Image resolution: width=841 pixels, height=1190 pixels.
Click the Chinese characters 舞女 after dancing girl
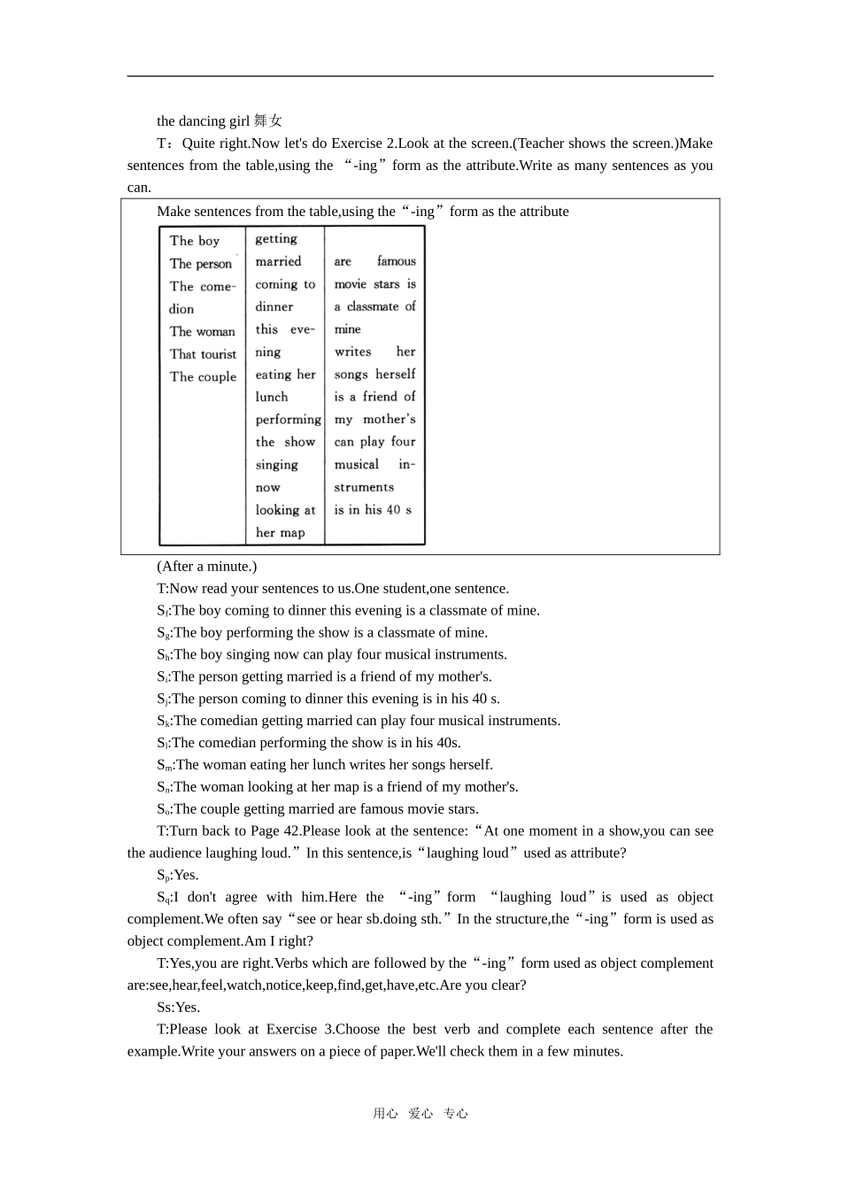click(267, 121)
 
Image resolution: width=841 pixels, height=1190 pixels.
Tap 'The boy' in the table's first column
click(195, 241)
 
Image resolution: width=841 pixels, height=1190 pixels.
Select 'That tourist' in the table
click(203, 354)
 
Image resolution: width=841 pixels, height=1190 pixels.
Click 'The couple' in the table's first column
click(203, 376)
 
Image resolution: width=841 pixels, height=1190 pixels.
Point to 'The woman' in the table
click(203, 331)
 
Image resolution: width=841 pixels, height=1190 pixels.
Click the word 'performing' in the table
click(288, 420)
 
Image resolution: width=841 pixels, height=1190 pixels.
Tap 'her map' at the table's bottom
click(280, 533)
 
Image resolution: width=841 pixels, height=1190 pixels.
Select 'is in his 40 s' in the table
click(373, 510)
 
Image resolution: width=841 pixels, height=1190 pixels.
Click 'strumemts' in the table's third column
click(364, 488)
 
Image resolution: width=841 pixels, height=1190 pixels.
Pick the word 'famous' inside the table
click(396, 261)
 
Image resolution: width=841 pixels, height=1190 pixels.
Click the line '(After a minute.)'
click(206, 567)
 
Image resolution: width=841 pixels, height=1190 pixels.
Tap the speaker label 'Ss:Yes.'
click(179, 1008)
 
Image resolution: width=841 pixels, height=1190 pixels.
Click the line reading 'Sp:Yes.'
click(178, 876)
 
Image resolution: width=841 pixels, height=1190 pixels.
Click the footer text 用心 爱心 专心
click(420, 1114)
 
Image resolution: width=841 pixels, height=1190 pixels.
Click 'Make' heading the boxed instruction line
click(173, 212)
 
